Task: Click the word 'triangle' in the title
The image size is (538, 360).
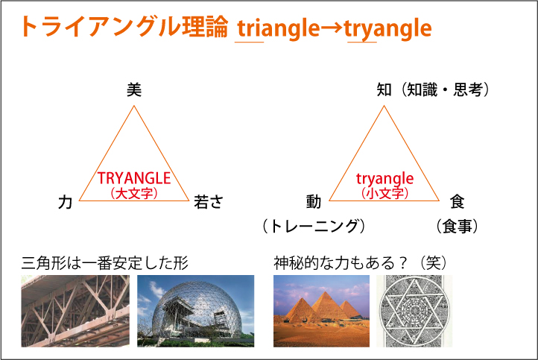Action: tap(278, 28)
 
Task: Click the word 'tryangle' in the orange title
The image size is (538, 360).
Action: tap(388, 28)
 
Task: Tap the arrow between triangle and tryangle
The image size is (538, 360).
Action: tap(332, 28)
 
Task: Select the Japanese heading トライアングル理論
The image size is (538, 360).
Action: tap(124, 26)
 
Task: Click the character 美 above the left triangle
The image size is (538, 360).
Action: tap(134, 90)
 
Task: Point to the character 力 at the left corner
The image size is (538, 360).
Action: tap(65, 202)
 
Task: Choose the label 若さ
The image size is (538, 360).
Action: tap(209, 202)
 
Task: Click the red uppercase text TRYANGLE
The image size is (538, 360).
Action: tap(134, 178)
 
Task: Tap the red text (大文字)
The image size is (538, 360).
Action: tap(134, 193)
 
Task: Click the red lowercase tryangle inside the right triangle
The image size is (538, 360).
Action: tap(384, 178)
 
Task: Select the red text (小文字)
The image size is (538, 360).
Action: tap(384, 193)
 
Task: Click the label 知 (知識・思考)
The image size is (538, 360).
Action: tap(433, 90)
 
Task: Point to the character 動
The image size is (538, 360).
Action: tap(314, 202)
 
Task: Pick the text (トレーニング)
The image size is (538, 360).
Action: tap(314, 227)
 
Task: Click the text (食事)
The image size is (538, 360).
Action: tap(457, 227)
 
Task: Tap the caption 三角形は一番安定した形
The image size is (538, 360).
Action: tap(104, 263)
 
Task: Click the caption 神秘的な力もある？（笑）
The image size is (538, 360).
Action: tap(360, 263)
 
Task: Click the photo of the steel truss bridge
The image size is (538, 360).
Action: tap(75, 311)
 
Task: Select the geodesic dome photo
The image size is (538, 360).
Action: tap(195, 311)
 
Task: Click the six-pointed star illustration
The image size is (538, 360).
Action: tap(414, 311)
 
